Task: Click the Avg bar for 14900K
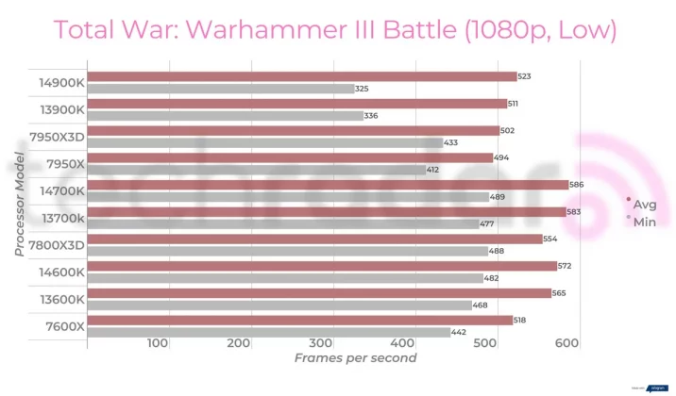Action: [301, 76]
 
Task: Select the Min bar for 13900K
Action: [225, 115]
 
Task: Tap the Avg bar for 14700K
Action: [327, 185]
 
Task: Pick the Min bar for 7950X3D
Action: [264, 142]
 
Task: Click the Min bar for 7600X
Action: [268, 332]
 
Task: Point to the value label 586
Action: [576, 185]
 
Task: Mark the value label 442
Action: [459, 332]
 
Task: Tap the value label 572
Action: [565, 266]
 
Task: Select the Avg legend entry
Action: [642, 204]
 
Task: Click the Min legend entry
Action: [642, 221]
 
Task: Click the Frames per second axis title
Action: [354, 358]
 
